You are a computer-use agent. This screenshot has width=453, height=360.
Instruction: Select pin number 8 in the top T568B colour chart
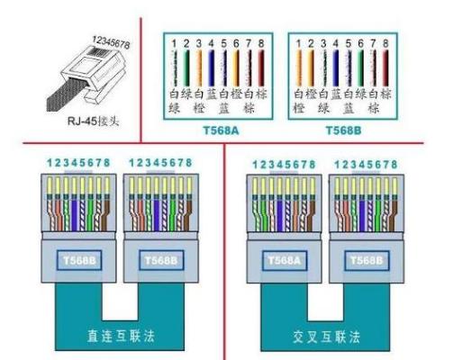(x=386, y=43)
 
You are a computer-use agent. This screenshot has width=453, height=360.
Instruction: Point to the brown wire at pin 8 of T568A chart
(x=260, y=68)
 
